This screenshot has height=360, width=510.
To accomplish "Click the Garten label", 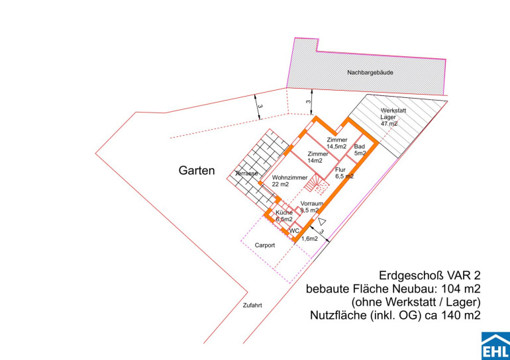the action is pyautogui.click(x=197, y=171).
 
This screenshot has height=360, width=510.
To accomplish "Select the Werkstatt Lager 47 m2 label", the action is pyautogui.click(x=393, y=117).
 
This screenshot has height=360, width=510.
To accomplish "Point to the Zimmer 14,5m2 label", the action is pyautogui.click(x=337, y=143).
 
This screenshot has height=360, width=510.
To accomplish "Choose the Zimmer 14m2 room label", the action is pyautogui.click(x=318, y=157).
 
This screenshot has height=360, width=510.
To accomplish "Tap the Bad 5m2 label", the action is pyautogui.click(x=360, y=150).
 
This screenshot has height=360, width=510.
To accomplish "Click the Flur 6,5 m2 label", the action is pyautogui.click(x=344, y=173).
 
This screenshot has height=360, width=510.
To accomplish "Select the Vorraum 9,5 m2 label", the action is pyautogui.click(x=311, y=207).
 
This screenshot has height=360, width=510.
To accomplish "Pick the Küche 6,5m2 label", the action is pyautogui.click(x=284, y=216).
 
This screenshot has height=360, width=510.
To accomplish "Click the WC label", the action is pyautogui.click(x=294, y=231).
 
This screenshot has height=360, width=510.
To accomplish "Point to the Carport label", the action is pyautogui.click(x=265, y=246).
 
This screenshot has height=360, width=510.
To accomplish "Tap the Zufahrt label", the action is pyautogui.click(x=252, y=306).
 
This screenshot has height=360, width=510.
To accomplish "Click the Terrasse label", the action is pyautogui.click(x=247, y=173).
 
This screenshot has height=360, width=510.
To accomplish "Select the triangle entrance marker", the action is pyautogui.click(x=322, y=222).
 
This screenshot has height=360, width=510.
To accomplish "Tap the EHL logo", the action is pyautogui.click(x=495, y=345).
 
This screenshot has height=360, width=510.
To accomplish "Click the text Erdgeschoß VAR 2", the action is pyautogui.click(x=430, y=275).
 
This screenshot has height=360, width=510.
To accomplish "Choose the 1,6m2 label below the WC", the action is pyautogui.click(x=310, y=239).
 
